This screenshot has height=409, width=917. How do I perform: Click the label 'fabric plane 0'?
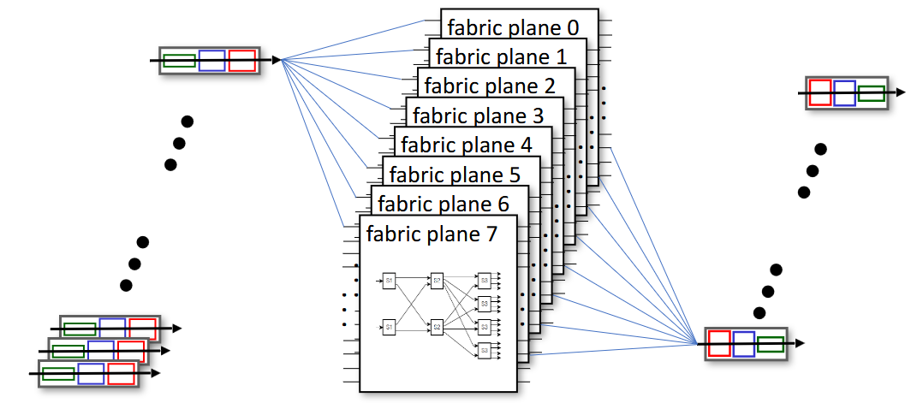(513, 28)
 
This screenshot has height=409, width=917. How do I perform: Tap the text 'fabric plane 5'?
(454, 175)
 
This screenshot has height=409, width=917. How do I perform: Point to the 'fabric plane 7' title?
(431, 234)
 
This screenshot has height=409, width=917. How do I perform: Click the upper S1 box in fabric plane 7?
(389, 280)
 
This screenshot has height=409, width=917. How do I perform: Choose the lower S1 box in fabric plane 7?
(389, 326)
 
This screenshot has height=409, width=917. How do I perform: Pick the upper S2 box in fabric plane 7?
(437, 280)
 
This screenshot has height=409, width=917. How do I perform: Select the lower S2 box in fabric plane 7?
(437, 326)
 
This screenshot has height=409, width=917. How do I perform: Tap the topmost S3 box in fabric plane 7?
(484, 280)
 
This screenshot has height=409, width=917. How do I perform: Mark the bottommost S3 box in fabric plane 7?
(484, 349)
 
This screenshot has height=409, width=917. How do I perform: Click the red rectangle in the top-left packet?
(242, 61)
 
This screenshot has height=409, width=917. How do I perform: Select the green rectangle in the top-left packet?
(179, 61)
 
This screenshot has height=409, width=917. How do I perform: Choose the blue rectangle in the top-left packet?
(211, 61)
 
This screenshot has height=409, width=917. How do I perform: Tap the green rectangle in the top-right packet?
(871, 93)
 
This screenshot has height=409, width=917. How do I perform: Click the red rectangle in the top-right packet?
(819, 92)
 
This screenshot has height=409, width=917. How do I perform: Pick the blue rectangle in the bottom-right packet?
(744, 343)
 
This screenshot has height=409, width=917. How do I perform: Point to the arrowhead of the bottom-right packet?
(800, 343)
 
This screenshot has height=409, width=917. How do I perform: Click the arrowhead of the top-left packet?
(276, 60)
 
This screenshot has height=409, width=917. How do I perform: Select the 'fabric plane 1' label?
(501, 57)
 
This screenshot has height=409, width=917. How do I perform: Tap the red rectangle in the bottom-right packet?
(719, 343)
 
